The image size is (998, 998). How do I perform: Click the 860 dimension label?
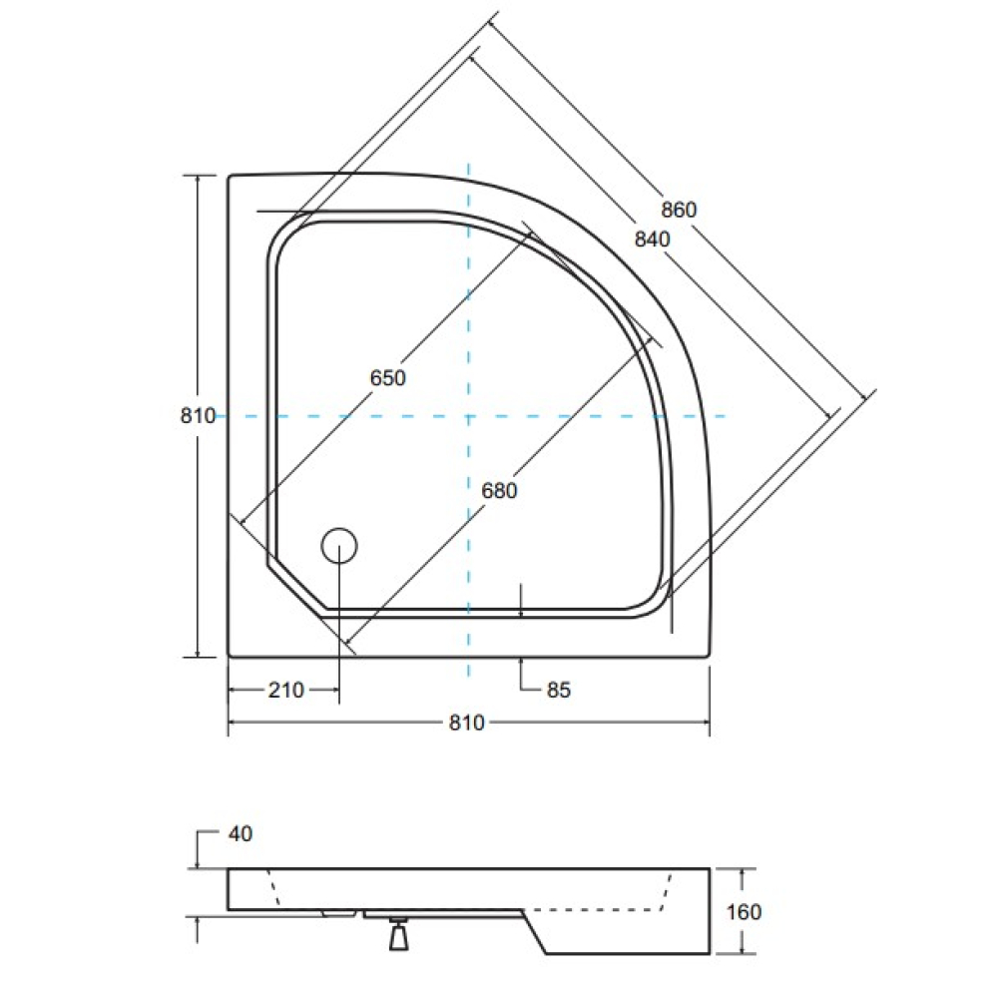[679, 210]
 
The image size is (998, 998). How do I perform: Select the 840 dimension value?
[653, 239]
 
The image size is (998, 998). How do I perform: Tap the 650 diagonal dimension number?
[387, 378]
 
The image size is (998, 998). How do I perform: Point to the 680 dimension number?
[499, 491]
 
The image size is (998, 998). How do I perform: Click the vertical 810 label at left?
[198, 415]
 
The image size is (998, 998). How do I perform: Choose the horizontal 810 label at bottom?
[466, 723]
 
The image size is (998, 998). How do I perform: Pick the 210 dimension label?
[285, 690]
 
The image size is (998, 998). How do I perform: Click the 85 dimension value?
[558, 690]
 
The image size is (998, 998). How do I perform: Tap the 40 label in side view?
[240, 833]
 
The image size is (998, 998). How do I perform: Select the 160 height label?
[744, 912]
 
